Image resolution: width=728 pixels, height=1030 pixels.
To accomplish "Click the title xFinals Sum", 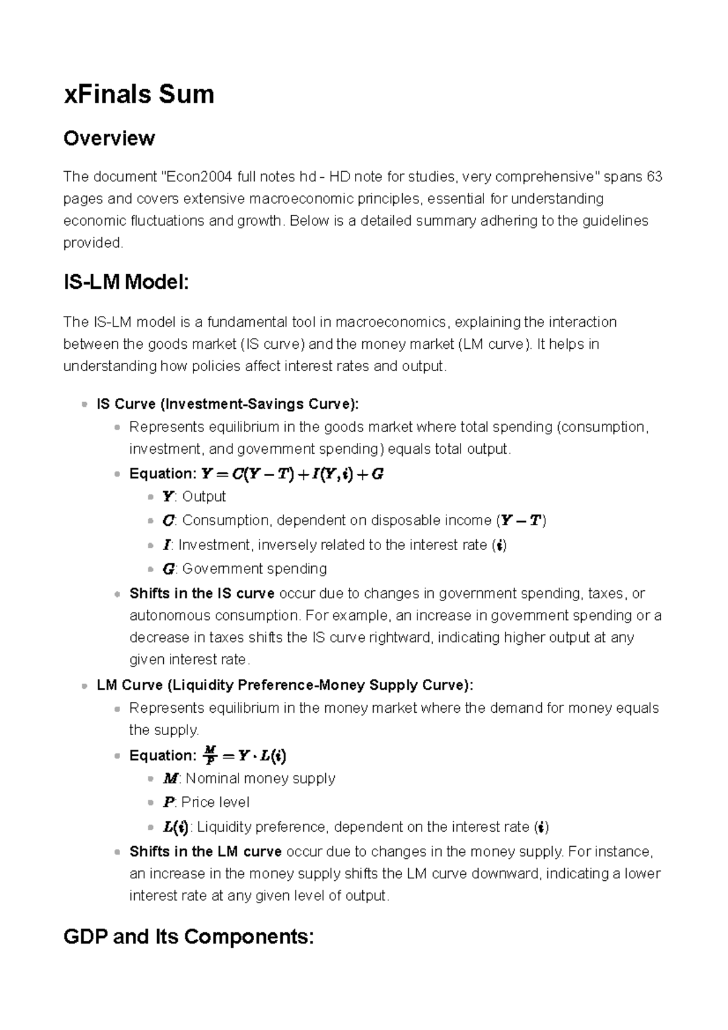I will (x=139, y=95).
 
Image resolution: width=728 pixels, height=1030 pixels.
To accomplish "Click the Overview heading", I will (x=109, y=138).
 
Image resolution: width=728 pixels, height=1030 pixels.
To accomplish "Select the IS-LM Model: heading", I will (x=126, y=283).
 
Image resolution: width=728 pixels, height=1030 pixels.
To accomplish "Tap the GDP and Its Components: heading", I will (x=189, y=937).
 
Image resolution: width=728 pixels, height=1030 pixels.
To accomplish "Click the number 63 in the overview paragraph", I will (x=655, y=177).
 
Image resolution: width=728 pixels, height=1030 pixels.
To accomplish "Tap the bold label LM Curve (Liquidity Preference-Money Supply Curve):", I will (x=285, y=685).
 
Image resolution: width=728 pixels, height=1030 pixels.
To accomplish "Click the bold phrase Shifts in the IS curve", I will (x=202, y=593).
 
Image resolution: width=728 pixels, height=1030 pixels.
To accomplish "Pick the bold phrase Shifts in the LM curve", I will (x=205, y=852).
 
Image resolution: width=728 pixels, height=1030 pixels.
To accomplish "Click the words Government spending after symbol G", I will (x=254, y=569).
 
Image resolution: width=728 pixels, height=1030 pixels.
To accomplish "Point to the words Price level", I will (x=215, y=803).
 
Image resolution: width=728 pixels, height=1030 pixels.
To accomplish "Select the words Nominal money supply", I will (x=260, y=778).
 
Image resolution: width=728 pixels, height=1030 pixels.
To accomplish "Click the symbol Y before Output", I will (x=167, y=497).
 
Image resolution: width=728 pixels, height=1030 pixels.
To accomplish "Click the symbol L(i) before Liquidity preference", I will (x=176, y=827).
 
